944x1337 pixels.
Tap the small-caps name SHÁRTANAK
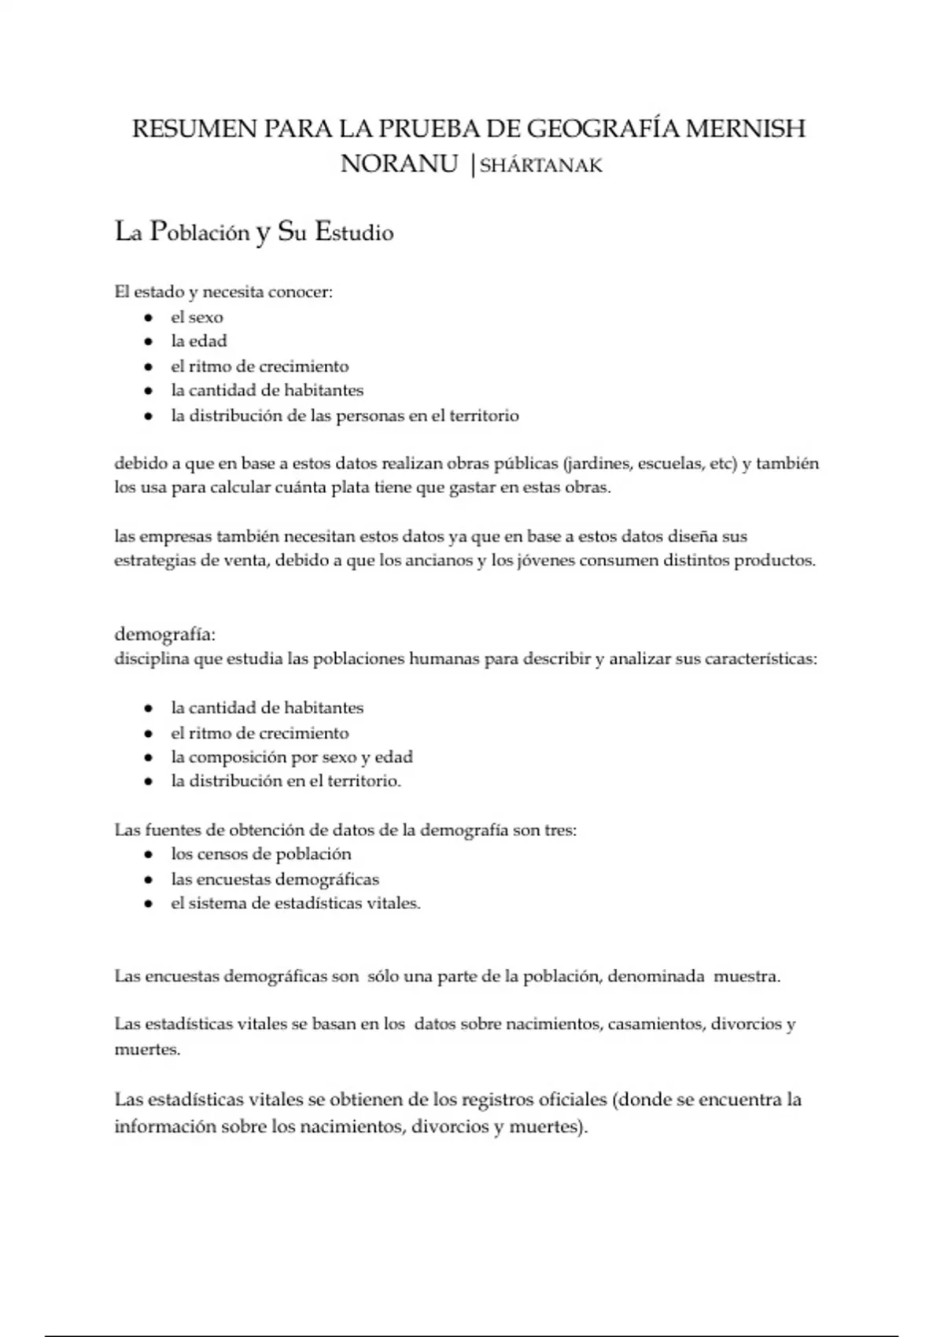click(541, 165)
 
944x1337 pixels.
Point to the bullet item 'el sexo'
click(197, 317)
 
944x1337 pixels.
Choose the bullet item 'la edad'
click(198, 341)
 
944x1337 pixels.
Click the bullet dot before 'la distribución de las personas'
click(148, 415)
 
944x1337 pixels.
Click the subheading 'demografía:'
click(165, 634)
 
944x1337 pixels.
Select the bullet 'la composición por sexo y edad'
click(291, 757)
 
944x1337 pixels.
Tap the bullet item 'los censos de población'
click(261, 854)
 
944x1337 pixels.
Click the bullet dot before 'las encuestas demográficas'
click(148, 879)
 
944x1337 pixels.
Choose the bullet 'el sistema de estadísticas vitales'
click(295, 904)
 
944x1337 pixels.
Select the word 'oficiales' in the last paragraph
click(568, 1099)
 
